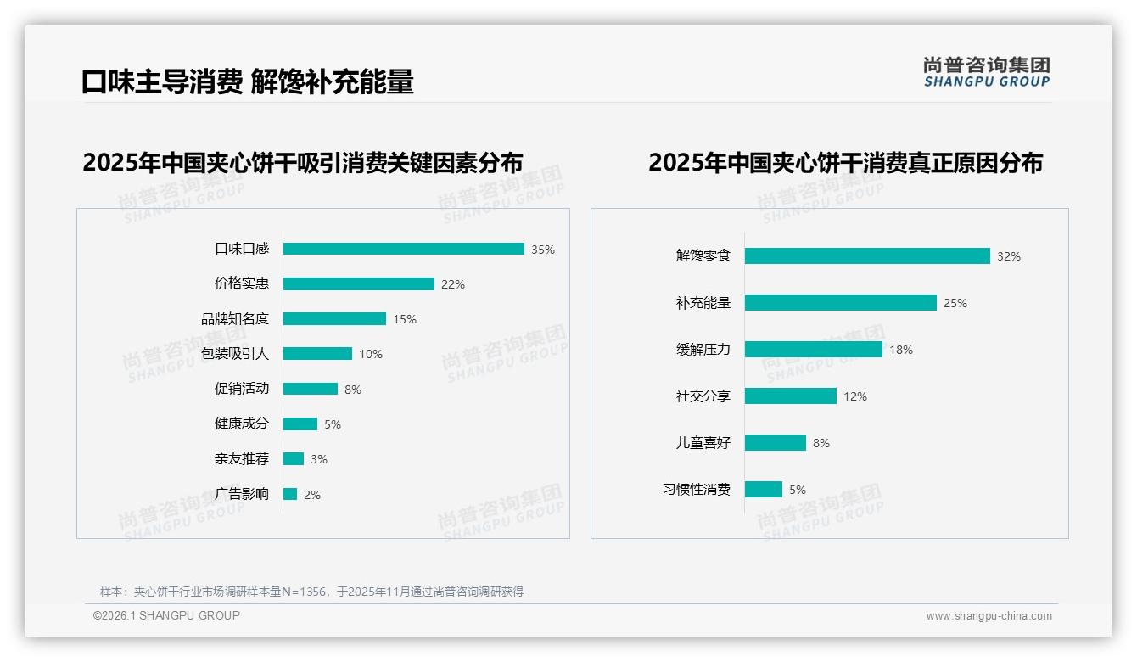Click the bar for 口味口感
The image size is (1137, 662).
coord(403,249)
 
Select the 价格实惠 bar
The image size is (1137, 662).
coord(358,284)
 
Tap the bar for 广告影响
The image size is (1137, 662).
coord(290,494)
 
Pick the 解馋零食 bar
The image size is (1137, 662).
coord(867,255)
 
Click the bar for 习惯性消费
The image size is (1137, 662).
coord(764,490)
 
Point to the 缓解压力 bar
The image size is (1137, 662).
coord(814,349)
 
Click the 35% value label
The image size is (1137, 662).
coord(543,250)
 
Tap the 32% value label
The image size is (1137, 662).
coord(1009,256)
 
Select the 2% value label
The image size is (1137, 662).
coord(312,495)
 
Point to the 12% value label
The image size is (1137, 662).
coord(855,396)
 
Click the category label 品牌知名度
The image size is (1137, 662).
coord(235,319)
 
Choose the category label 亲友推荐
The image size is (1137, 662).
coord(242,459)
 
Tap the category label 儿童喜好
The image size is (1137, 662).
coord(703,443)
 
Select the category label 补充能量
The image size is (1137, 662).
coord(703,303)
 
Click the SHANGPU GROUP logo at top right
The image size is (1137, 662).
coord(986,71)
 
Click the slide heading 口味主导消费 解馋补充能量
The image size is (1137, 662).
coord(248,81)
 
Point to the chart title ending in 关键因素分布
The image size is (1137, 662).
coord(302,162)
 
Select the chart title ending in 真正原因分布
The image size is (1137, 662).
coord(845,162)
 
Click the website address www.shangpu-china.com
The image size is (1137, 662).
coord(989,616)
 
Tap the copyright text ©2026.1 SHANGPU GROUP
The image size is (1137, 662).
coord(166,615)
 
